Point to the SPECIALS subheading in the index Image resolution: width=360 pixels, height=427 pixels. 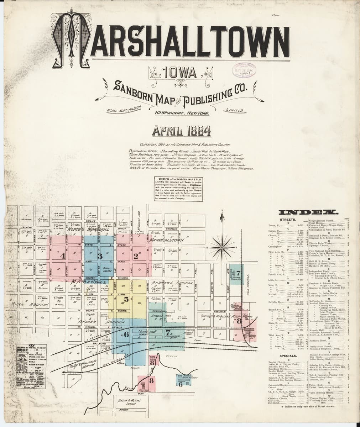click(289, 355)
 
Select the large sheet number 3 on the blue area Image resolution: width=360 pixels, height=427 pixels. click(100, 256)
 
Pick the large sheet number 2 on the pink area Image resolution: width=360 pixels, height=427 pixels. click(136, 255)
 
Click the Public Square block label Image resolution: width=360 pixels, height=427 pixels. click(106, 269)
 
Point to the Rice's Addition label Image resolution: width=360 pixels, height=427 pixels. click(27, 305)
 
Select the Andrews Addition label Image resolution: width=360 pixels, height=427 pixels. click(172, 283)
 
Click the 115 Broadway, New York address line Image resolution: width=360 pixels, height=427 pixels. click(181, 113)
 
